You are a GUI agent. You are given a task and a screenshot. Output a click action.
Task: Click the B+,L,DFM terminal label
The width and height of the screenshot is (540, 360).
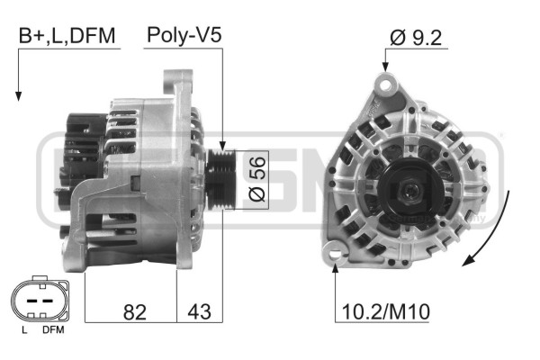pos(67,36)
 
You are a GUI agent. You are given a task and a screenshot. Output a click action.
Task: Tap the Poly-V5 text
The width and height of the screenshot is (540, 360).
pos(184,35)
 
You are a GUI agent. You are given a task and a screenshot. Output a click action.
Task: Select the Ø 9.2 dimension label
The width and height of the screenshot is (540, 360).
pos(416,38)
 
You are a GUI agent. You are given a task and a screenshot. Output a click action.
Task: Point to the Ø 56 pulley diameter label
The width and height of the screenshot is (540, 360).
pos(257,179)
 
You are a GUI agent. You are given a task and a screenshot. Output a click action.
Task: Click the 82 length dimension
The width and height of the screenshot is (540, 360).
pos(135,312)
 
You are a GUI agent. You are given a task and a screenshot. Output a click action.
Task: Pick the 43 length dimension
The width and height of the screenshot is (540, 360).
pos(199,311)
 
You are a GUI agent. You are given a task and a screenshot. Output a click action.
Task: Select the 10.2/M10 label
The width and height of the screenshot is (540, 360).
pos(386,311)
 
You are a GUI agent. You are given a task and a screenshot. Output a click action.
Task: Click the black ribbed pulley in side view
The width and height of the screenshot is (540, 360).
pos(220,179)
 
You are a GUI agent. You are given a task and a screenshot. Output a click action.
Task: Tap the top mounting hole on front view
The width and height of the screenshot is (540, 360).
pos(385,84)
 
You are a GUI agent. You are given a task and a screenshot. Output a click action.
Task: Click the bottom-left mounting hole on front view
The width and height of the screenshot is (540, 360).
pos(335,255)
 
